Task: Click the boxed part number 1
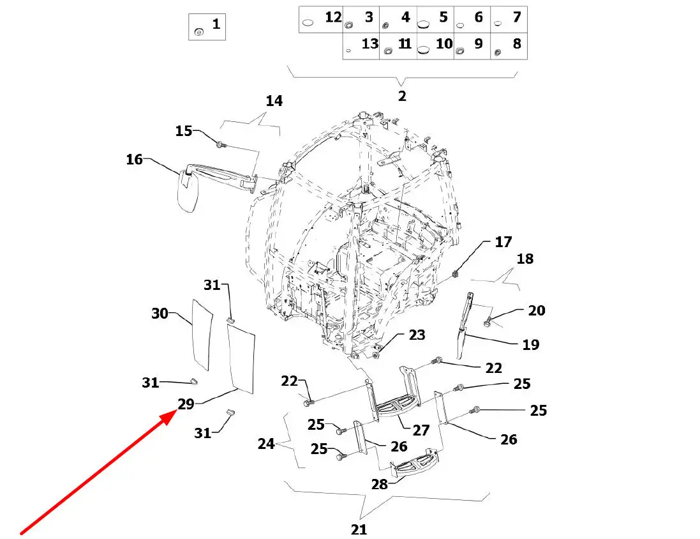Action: (216, 25)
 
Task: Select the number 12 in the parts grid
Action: (333, 17)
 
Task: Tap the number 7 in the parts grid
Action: (516, 17)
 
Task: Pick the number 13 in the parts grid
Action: (370, 44)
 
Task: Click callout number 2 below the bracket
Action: (402, 96)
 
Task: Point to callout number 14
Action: (274, 101)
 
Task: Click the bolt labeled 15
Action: (220, 145)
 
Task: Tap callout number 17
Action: (503, 242)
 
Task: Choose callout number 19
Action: (531, 345)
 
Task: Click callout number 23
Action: (417, 335)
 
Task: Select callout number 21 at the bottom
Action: (359, 529)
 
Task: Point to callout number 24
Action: (266, 443)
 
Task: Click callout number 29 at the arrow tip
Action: (186, 404)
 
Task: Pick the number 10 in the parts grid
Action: (444, 44)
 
